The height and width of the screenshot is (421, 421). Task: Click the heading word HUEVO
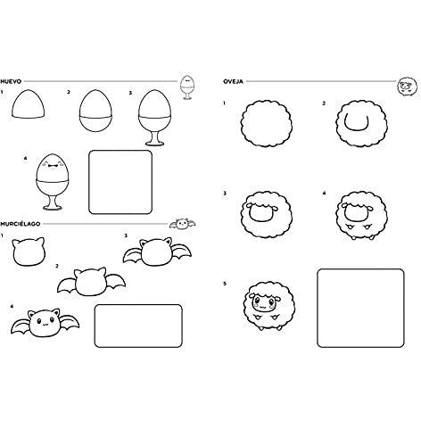11,81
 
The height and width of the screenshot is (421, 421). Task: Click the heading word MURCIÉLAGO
21,224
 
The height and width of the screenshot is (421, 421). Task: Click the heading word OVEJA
233,81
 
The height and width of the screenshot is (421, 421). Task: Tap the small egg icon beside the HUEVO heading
187,87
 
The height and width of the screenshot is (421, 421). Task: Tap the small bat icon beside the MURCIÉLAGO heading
182,224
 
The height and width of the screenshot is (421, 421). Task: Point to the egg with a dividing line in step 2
95,111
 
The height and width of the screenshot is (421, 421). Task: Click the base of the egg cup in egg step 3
154,144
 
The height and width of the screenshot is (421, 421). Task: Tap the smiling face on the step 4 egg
53,164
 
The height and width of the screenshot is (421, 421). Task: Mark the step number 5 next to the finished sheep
225,284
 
